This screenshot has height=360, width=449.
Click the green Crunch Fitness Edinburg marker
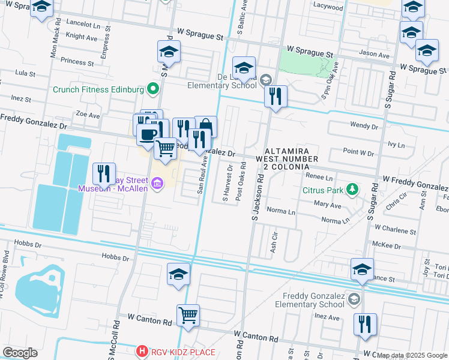(153, 89)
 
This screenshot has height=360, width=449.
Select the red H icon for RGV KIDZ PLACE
(142, 350)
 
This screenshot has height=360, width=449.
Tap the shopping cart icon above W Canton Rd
(188, 314)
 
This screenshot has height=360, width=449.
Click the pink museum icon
(157, 183)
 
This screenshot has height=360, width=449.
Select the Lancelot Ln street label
(83, 26)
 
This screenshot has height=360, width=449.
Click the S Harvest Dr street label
(226, 184)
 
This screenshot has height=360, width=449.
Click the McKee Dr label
(387, 246)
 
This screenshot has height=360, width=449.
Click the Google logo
(20, 353)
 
